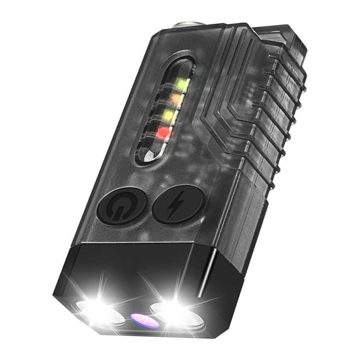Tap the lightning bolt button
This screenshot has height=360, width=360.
[x=178, y=204]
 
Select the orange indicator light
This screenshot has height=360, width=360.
[x=177, y=99]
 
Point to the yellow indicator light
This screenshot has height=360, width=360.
[x=170, y=115]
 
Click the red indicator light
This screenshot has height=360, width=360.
[x=164, y=132]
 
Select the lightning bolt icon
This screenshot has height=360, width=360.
[x=178, y=204]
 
